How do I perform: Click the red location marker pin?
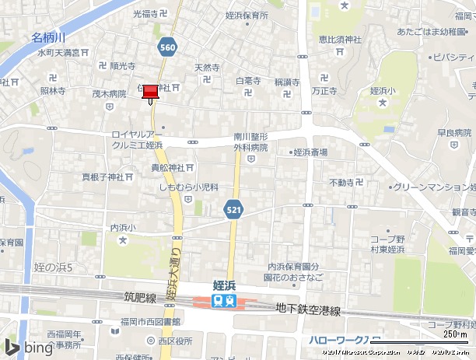pos(150,93)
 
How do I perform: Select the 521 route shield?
pos(233,209)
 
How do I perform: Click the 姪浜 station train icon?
pos(224,301)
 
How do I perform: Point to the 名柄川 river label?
pos(48,37)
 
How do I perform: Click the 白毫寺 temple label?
pos(248,80)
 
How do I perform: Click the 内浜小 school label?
pos(123,228)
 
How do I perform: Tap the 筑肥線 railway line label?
pos(140,297)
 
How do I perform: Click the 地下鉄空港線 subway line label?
pos(308,309)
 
